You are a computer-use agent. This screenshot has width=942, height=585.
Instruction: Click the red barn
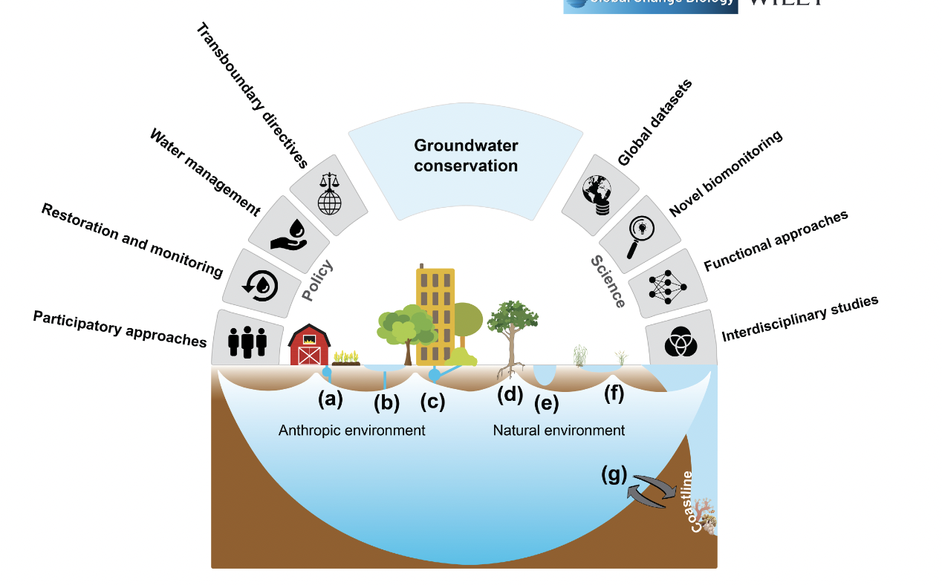(308, 345)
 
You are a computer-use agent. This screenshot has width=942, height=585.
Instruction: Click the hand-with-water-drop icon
(289, 232)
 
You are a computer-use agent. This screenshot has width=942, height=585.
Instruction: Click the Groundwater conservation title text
(466, 155)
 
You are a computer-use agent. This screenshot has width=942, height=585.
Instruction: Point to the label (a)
(331, 399)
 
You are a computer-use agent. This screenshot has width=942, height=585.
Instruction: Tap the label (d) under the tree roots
(510, 395)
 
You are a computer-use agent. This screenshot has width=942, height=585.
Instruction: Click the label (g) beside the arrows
(614, 474)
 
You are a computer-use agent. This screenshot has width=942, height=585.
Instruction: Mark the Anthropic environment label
(351, 431)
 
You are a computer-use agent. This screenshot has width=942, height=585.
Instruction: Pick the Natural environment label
(559, 431)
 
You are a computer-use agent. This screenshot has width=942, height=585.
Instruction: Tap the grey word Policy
(317, 281)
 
